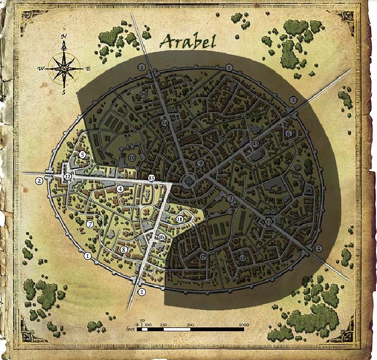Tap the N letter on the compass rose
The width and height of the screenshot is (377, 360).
click(64, 37)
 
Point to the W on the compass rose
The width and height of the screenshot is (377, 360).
click(40, 69)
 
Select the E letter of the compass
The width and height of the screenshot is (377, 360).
click(88, 69)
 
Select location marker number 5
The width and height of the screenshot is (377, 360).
click(83, 155)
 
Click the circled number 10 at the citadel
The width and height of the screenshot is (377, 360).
click(132, 158)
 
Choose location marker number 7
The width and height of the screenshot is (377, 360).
click(90, 224)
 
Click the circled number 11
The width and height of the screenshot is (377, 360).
click(180, 219)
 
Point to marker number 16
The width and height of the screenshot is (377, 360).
click(161, 237)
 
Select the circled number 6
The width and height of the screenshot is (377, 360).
click(288, 133)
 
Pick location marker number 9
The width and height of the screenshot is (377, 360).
click(201, 163)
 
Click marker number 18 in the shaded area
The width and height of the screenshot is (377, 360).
click(243, 258)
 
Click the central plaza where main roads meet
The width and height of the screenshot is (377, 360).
click(188, 180)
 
